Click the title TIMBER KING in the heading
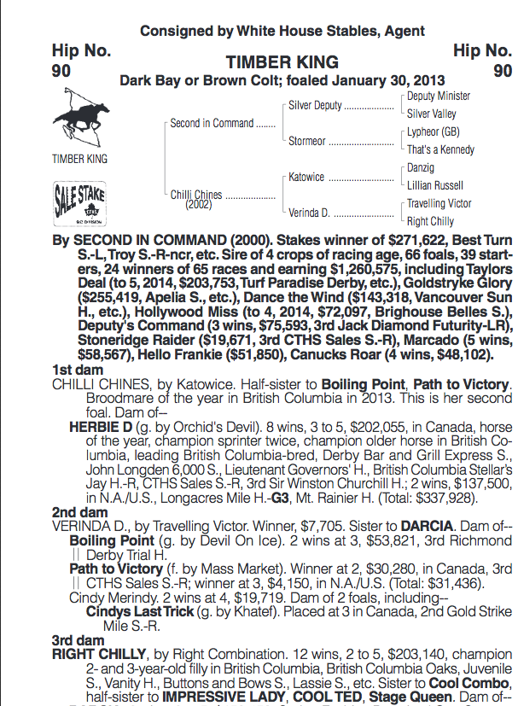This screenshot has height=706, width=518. [282, 62]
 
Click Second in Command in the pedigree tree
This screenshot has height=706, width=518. [211, 123]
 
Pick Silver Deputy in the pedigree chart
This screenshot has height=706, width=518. [315, 106]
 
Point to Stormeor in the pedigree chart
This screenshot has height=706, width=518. [306, 141]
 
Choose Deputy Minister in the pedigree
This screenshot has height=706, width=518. [438, 96]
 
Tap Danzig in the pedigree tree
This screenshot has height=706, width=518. [421, 168]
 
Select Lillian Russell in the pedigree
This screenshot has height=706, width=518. [435, 185]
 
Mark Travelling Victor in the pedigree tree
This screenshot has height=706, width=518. [439, 204]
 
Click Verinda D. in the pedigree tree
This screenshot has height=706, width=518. [309, 213]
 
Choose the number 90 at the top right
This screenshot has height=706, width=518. [503, 71]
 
